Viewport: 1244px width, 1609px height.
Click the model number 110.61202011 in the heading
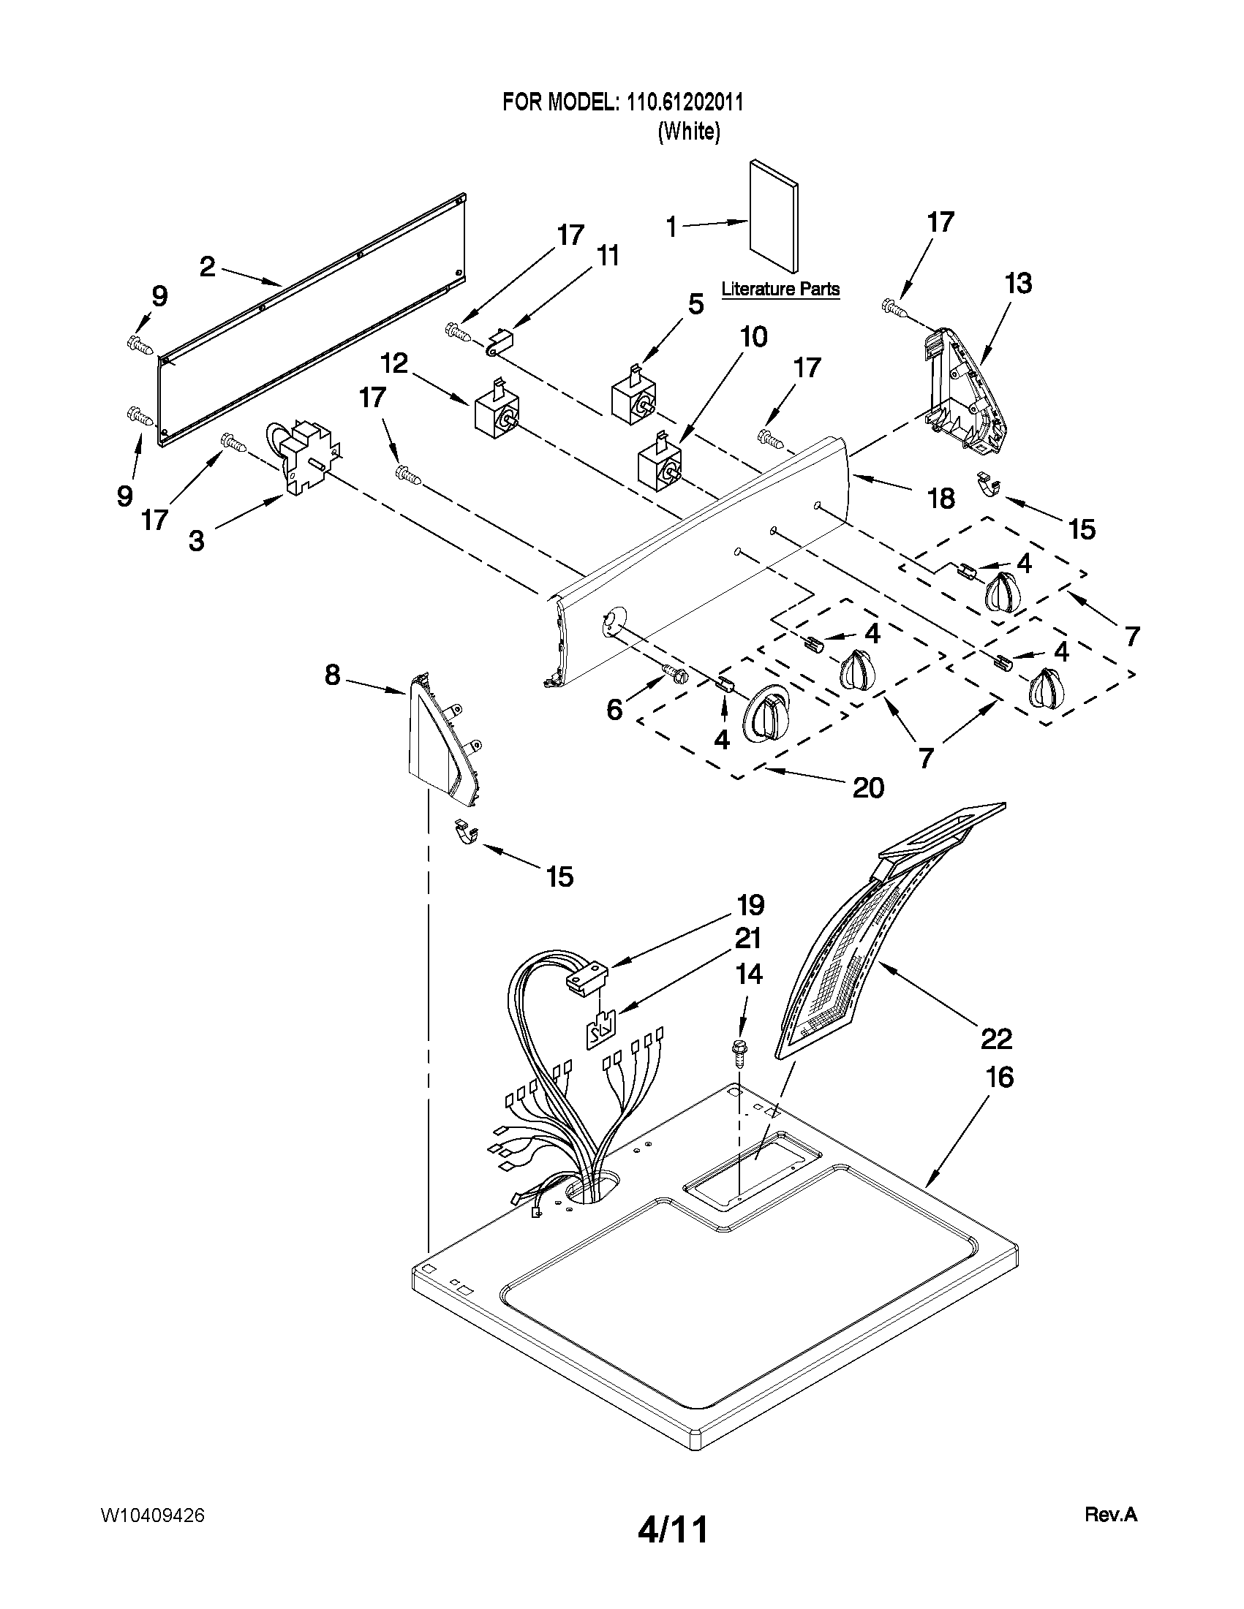(685, 102)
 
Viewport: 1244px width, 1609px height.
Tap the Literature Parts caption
(780, 289)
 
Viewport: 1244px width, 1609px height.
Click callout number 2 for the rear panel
(208, 267)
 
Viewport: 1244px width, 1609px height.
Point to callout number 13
(1019, 284)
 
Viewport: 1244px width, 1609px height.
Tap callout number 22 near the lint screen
(995, 1039)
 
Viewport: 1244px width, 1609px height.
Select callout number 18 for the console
(941, 499)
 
